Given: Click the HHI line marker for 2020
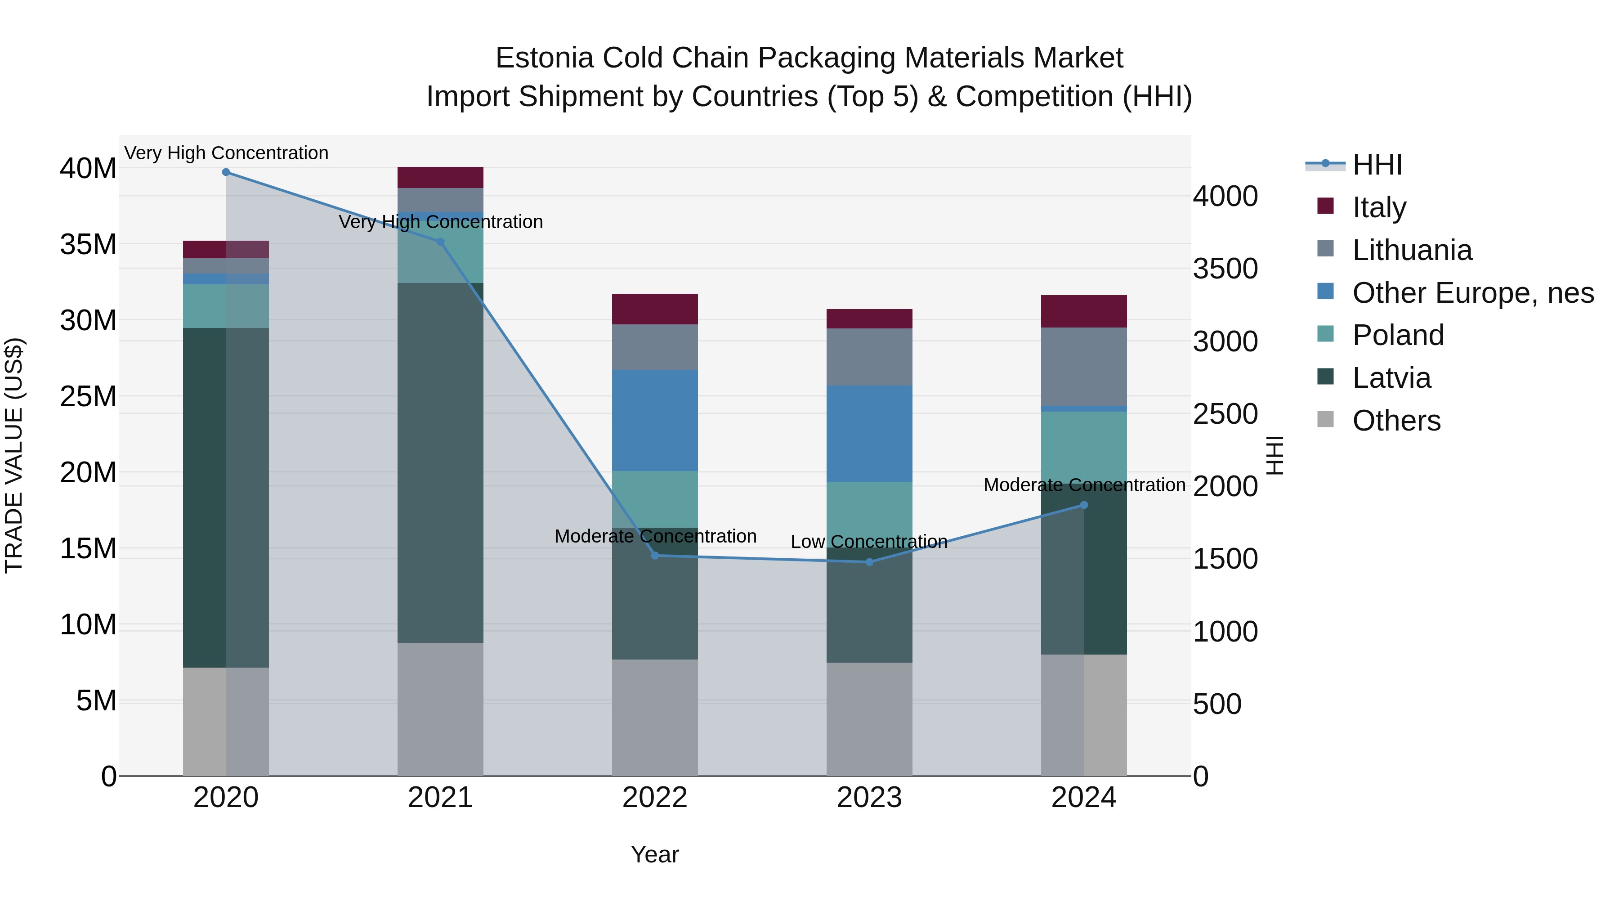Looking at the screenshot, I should click(x=226, y=172).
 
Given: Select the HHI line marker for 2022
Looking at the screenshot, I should click(x=654, y=555).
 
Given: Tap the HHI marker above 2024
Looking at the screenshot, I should click(x=1083, y=505).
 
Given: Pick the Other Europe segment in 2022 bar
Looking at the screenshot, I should click(x=654, y=420).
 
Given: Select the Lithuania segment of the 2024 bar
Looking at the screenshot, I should click(x=1083, y=367).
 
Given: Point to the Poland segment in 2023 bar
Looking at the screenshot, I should click(x=869, y=514).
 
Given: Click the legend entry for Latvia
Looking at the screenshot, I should click(x=1391, y=378).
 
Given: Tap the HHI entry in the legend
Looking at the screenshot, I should click(x=1377, y=165).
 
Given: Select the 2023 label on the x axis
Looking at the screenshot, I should click(x=869, y=798).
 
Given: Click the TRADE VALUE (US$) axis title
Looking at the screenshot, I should click(x=14, y=455).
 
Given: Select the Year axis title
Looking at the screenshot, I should click(x=654, y=854).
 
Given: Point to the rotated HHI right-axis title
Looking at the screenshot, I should click(x=1274, y=455).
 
